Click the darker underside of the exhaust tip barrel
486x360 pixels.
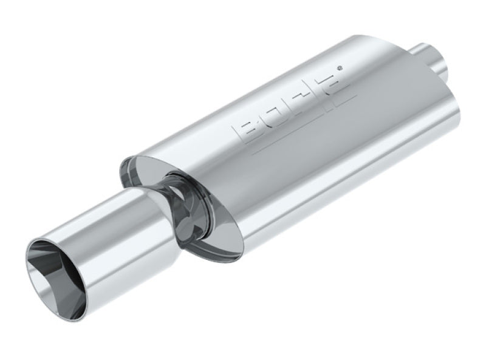(x=122, y=279)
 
